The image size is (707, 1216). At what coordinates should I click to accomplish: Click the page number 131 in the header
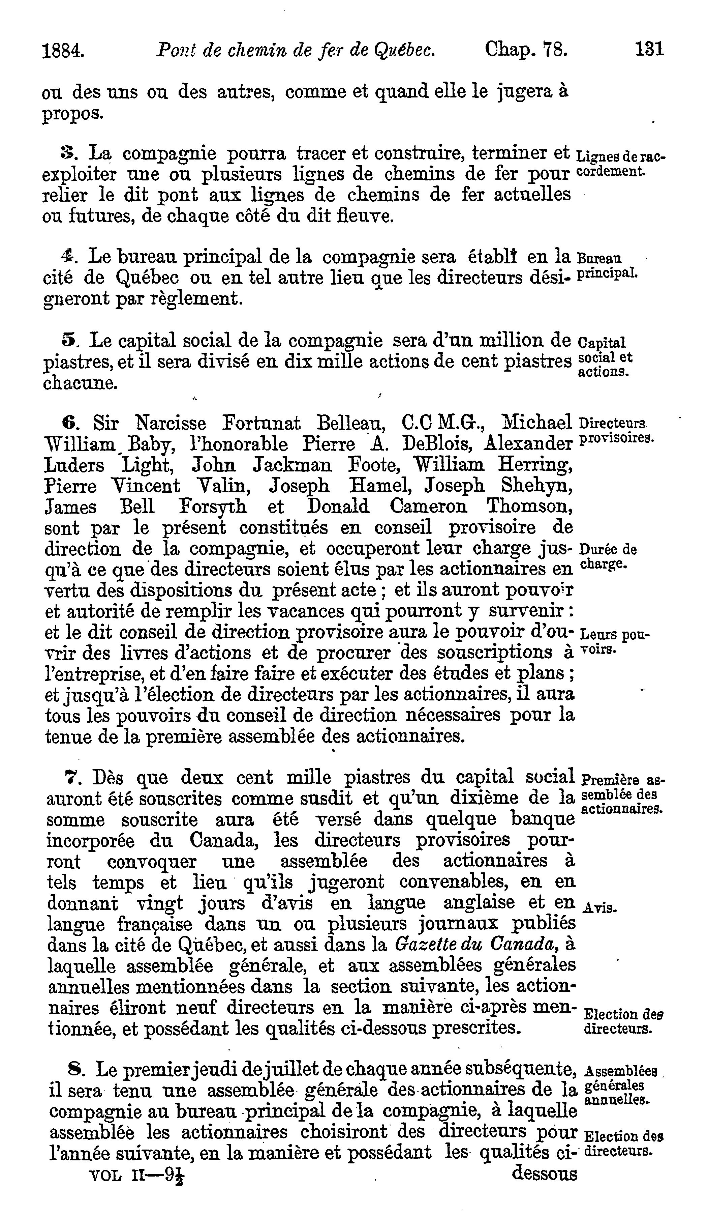pos(650,49)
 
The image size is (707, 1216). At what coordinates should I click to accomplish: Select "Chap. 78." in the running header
pos(526,49)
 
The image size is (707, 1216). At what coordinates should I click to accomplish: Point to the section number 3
pos(66,153)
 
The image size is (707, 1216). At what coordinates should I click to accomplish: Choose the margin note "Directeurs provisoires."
pos(615,431)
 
